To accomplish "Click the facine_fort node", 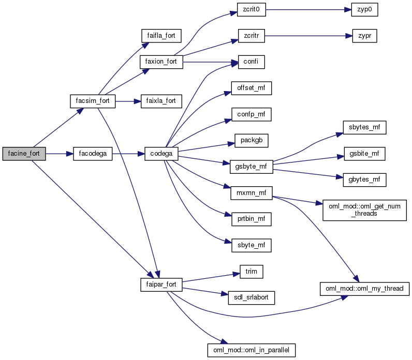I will click(24, 154).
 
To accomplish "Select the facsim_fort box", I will click(93, 101).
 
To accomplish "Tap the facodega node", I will click(93, 154).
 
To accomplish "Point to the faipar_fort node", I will click(160, 284).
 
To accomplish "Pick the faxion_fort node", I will click(160, 62).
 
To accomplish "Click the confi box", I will click(251, 62).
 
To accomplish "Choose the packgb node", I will click(251, 140).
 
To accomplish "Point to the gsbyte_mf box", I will click(251, 167).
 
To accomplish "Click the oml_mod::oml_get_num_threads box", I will click(364, 209).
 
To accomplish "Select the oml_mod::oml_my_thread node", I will click(364, 288).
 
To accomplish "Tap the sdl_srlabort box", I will click(251, 297).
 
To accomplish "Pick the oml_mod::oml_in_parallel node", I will click(251, 350).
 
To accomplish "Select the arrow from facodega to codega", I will click(127, 154).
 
